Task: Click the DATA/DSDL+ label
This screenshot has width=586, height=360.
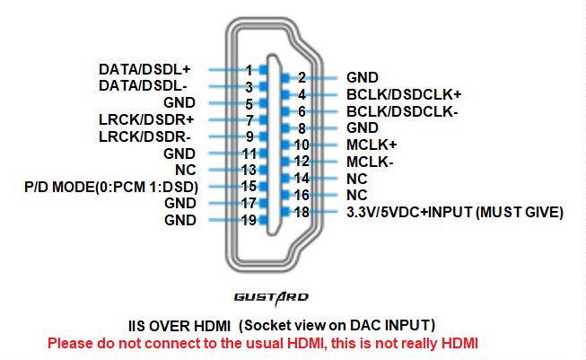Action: click(144, 69)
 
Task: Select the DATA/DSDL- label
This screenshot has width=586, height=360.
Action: click(143, 86)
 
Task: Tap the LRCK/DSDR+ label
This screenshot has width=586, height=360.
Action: click(146, 120)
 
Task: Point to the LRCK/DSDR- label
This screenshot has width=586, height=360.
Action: click(144, 136)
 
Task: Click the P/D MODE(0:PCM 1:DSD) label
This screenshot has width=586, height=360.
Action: click(111, 187)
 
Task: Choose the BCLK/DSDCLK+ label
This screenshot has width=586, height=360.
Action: click(404, 94)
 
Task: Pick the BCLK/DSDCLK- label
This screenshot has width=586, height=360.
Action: click(402, 111)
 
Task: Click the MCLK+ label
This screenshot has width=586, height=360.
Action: click(372, 145)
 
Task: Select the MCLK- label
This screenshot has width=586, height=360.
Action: click(370, 162)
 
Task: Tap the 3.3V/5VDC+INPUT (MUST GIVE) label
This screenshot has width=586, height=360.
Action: click(455, 213)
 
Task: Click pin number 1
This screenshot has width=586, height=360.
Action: click(249, 70)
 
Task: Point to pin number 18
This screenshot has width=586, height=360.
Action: click(302, 213)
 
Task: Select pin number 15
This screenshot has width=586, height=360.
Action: click(249, 186)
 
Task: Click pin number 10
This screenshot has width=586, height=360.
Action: click(302, 145)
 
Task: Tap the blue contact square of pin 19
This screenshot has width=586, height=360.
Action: click(264, 220)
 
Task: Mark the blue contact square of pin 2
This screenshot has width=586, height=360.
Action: click(285, 78)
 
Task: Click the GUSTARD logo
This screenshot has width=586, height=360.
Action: click(271, 298)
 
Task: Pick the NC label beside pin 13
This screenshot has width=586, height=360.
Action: click(186, 170)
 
